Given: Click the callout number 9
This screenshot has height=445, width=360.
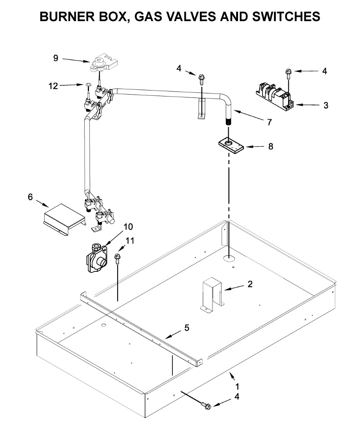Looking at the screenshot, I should [x=56, y=58].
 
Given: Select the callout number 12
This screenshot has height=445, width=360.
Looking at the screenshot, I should [x=53, y=86].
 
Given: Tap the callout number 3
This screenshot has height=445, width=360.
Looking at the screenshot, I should [x=326, y=105].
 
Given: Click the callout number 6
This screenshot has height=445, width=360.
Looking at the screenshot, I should [x=30, y=197].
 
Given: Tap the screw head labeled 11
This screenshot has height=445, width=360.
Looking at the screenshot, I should [x=118, y=256].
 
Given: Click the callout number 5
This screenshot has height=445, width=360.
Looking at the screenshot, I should [x=186, y=328].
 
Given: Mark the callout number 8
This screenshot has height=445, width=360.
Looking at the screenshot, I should [x=270, y=146].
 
